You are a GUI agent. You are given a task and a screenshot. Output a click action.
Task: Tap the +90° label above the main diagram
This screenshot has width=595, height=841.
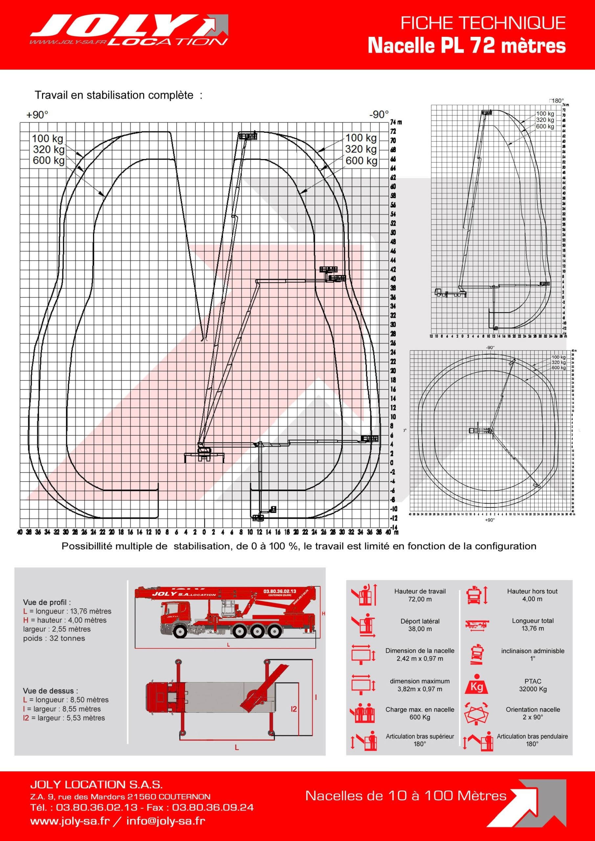point(37,115)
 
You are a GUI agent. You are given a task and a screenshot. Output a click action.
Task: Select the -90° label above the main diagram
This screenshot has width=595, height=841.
point(379,115)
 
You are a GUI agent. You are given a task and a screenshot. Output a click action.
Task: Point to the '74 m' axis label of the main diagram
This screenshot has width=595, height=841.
point(396,122)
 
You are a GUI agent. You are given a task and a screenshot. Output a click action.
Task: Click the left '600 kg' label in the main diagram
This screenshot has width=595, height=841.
point(48,160)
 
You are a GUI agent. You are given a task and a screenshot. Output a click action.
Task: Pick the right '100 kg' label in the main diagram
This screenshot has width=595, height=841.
point(361,138)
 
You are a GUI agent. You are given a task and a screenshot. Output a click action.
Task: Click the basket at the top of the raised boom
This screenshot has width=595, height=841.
point(248,137)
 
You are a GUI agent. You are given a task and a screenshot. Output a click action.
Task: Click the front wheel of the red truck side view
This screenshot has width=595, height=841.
point(180,631)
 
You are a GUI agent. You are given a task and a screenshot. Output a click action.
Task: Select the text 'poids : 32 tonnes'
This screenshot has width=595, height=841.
point(54,638)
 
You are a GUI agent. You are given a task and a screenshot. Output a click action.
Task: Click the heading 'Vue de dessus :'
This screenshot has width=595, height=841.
point(51,691)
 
